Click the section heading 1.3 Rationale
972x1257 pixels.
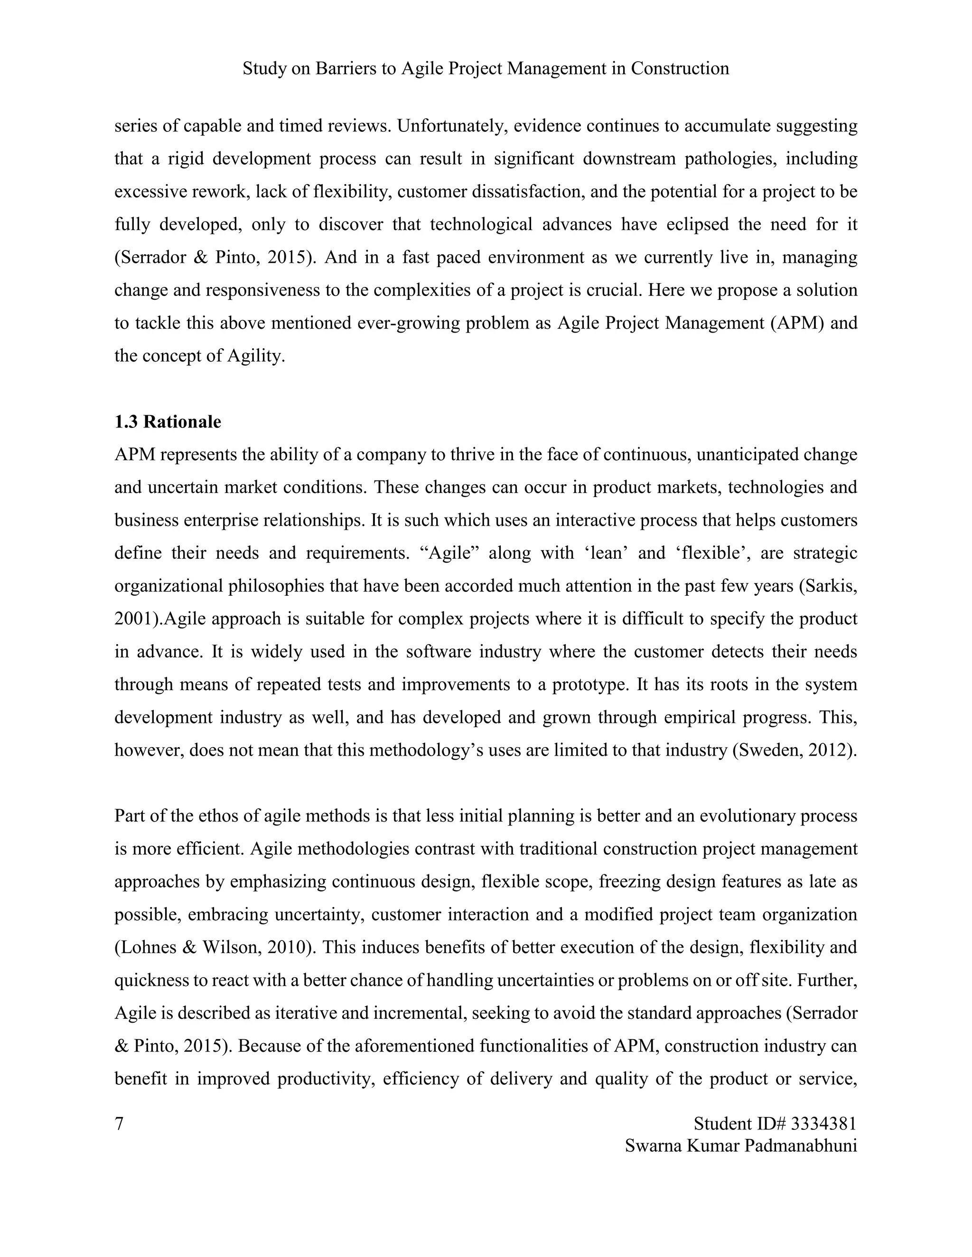(168, 422)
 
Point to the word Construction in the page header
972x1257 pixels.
(680, 68)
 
